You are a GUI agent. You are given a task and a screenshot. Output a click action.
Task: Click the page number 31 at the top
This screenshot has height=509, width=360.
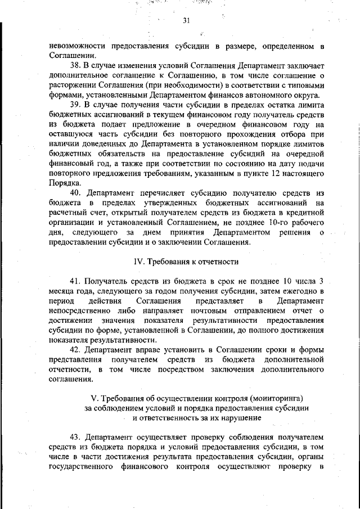point(186,21)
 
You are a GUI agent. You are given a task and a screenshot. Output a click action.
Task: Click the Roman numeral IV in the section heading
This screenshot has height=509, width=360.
point(138,261)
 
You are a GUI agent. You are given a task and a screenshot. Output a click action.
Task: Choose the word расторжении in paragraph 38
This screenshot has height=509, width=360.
point(71,85)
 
